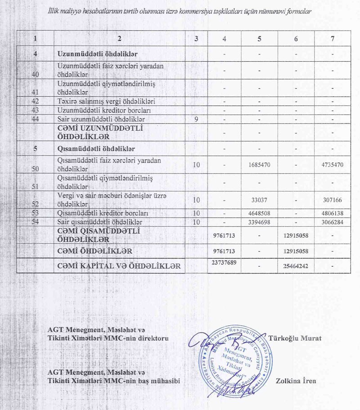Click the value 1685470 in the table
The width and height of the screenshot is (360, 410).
pyautogui.click(x=259, y=165)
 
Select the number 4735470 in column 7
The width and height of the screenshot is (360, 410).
pyautogui.click(x=332, y=165)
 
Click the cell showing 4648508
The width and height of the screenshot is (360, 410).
pyautogui.click(x=259, y=213)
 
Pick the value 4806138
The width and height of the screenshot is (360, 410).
pyautogui.click(x=332, y=213)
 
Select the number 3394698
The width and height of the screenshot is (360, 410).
pyautogui.click(x=259, y=222)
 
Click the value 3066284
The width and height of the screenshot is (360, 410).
pyautogui.click(x=332, y=222)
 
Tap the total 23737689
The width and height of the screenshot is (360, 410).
pyautogui.click(x=224, y=262)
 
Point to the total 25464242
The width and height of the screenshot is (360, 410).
pyautogui.click(x=296, y=266)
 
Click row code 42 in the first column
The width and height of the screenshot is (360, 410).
pyautogui.click(x=36, y=101)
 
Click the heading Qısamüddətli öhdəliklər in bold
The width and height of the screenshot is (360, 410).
pyautogui.click(x=97, y=148)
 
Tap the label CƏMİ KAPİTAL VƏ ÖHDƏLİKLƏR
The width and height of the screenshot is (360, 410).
pyautogui.click(x=119, y=266)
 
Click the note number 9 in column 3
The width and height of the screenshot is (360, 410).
pyautogui.click(x=197, y=119)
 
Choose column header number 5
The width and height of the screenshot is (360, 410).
pyautogui.click(x=259, y=39)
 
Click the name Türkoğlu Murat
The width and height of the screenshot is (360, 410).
pyautogui.click(x=294, y=338)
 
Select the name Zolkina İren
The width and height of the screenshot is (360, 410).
pyautogui.click(x=296, y=381)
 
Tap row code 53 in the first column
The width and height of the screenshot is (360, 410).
pyautogui.click(x=36, y=213)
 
